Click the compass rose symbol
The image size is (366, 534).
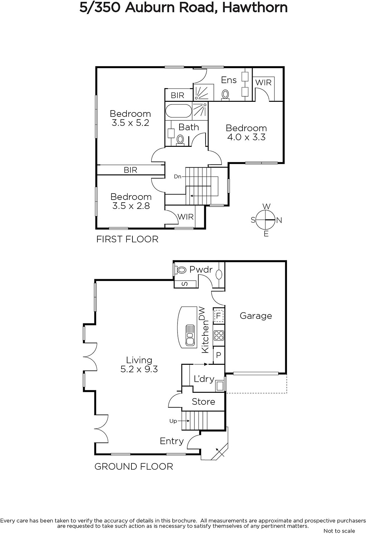pyautogui.click(x=266, y=220)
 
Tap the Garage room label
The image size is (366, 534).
pyautogui.click(x=256, y=316)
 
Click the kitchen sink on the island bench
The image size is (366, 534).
pyautogui.click(x=190, y=335)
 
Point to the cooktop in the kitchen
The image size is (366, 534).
pyautogui.click(x=219, y=335)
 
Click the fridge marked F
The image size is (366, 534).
pyautogui.click(x=219, y=316)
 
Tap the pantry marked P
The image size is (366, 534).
pyautogui.click(x=219, y=355)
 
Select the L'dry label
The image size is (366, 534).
pyautogui.click(x=204, y=379)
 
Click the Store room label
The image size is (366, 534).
pyautogui.click(x=203, y=402)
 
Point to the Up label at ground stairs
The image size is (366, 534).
pyautogui.click(x=173, y=421)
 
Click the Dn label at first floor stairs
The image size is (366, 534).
pyautogui.click(x=177, y=177)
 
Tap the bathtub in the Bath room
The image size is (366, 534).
pyautogui.click(x=178, y=111)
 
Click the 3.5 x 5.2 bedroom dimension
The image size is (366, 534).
pyautogui.click(x=130, y=123)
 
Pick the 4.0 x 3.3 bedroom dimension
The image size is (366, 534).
pyautogui.click(x=246, y=137)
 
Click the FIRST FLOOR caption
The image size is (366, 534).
pyautogui.click(x=127, y=239)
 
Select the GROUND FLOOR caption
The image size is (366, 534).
pyautogui.click(x=134, y=467)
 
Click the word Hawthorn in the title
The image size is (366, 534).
pyautogui.click(x=255, y=8)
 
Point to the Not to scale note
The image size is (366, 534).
pyautogui.click(x=339, y=531)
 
